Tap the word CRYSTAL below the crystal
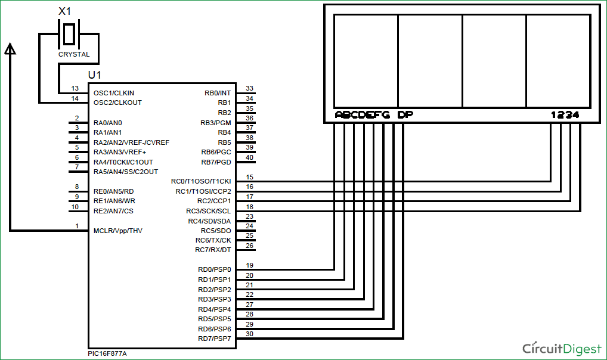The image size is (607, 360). [x=74, y=54]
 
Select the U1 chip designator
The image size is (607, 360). [x=94, y=75]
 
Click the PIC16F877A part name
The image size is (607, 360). [x=107, y=353]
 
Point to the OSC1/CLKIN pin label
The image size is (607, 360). [x=114, y=93]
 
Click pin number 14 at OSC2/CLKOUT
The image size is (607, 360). [x=75, y=98]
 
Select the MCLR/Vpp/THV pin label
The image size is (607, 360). [x=118, y=231]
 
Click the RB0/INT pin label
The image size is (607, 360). [x=217, y=93]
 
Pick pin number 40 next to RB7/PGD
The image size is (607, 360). [x=249, y=157]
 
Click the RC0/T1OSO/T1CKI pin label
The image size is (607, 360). [x=201, y=181]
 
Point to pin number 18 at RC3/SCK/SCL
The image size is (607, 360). [x=249, y=206]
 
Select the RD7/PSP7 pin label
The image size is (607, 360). [x=214, y=339]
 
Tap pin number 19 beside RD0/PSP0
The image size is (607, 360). [x=249, y=265]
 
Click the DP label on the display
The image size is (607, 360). [x=405, y=115]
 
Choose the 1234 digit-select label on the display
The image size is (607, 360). [x=565, y=115]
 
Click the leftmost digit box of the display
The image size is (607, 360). [x=366, y=60]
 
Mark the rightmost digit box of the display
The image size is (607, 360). [x=558, y=60]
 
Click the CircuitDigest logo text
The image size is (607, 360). [x=561, y=348]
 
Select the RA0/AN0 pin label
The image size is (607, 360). [x=108, y=122]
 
